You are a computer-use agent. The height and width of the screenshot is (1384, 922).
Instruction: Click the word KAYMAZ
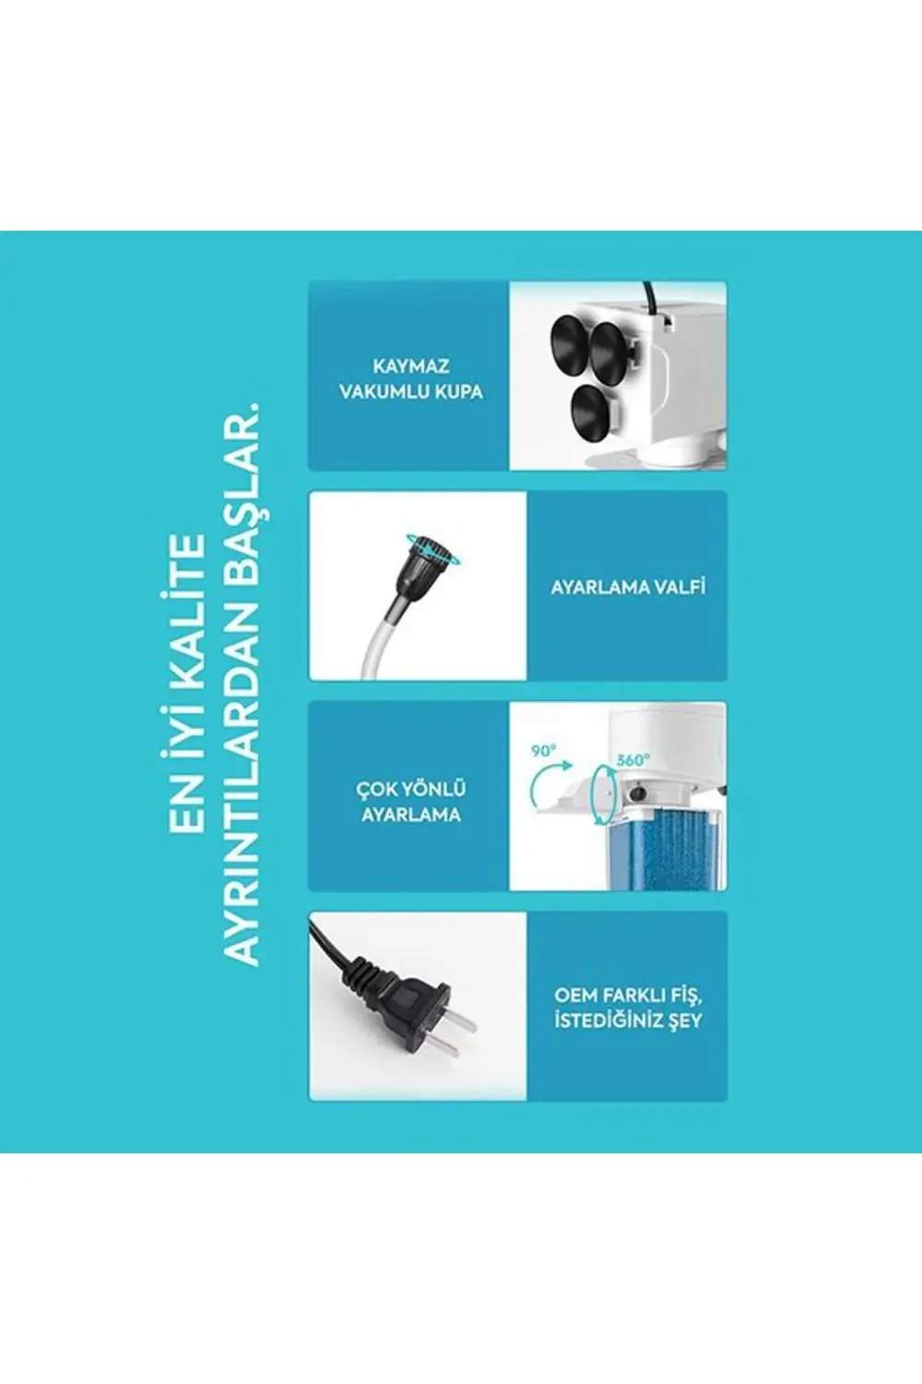pos(411,366)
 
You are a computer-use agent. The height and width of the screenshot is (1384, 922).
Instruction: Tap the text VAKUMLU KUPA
pos(411,391)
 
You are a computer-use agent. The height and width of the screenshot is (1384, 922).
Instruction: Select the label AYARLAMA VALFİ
pos(627,587)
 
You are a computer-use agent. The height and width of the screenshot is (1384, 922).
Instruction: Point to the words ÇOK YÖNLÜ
pos(411,790)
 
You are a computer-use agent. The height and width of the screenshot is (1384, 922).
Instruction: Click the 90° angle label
pos(543,751)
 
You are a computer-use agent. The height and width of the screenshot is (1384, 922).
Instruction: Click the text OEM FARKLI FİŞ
pos(627,996)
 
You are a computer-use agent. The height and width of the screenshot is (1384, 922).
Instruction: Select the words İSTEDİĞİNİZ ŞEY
pos(627,1020)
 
